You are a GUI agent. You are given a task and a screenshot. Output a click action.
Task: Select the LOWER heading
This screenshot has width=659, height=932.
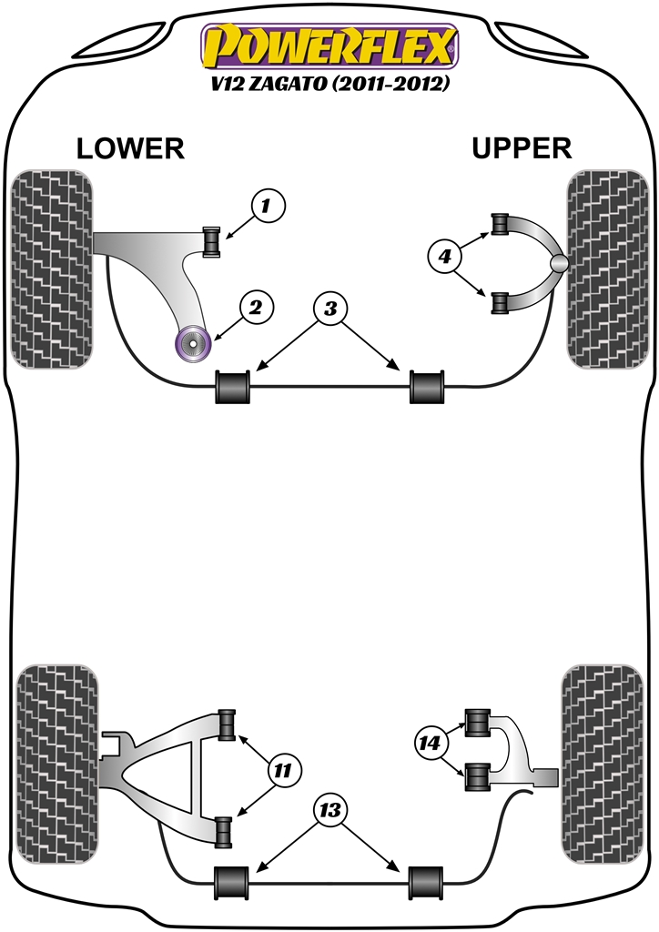click(130, 148)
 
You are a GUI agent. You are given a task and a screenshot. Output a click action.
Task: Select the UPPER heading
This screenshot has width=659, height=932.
click(522, 148)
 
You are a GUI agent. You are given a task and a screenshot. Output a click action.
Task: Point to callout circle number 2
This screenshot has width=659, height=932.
click(256, 308)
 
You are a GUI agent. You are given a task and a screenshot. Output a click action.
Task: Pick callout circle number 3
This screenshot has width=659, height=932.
click(330, 309)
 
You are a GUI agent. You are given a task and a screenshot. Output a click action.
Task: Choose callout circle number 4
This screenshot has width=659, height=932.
click(445, 258)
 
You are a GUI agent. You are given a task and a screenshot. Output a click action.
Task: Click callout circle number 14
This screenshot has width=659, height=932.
click(431, 744)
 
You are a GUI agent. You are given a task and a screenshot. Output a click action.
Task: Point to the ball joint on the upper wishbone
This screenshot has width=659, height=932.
click(560, 264)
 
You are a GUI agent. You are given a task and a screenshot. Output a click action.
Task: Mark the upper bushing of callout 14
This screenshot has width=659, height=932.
click(478, 723)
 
